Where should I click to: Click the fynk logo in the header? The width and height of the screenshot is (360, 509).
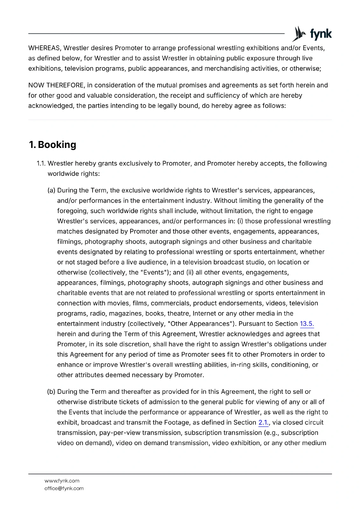(312, 34)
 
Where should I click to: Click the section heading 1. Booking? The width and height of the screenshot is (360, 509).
(53, 145)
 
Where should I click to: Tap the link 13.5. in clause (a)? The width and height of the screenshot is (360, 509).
(307, 324)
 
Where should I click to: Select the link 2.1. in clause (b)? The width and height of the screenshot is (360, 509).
(264, 422)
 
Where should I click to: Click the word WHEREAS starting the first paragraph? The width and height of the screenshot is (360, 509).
(44, 48)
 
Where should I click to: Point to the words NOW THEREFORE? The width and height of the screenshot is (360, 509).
(56, 85)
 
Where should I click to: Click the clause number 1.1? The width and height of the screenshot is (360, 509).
(41, 164)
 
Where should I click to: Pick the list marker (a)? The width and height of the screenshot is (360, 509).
(51, 191)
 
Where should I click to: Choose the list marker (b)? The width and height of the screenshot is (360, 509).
(51, 392)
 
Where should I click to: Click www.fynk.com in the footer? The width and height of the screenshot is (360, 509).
(62, 481)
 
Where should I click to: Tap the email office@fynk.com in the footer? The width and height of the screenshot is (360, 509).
(64, 488)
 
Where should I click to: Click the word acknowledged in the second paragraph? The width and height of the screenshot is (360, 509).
(51, 106)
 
